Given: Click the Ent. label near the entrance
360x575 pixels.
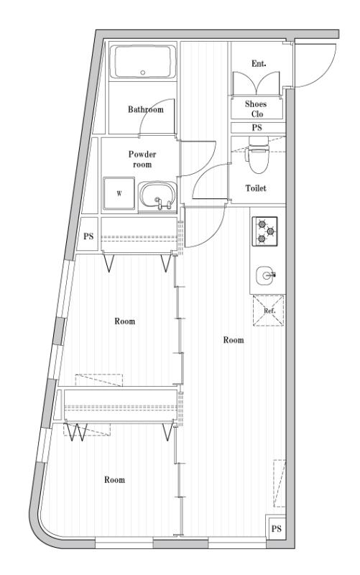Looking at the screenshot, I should (259, 64).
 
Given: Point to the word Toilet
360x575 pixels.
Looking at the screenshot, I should (257, 188).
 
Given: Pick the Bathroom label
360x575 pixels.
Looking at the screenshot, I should (146, 110).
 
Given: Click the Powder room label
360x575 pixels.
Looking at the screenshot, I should (142, 159).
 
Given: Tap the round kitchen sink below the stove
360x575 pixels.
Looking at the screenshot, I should (264, 274).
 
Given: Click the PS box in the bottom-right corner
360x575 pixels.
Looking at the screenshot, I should (275, 529).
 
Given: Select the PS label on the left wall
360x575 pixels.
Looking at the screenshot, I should (88, 236).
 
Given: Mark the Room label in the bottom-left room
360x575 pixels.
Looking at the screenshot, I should (115, 479).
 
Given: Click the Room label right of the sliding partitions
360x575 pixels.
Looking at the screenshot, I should (234, 340).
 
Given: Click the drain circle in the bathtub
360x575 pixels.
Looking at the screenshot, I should (143, 72).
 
